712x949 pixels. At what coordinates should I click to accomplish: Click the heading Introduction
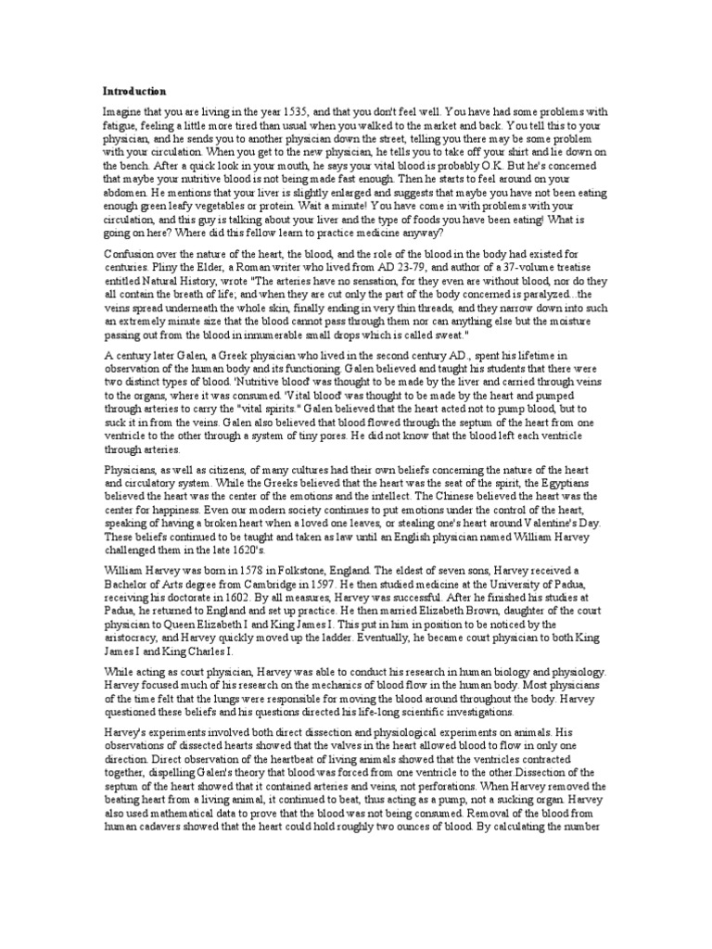tap(134, 91)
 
